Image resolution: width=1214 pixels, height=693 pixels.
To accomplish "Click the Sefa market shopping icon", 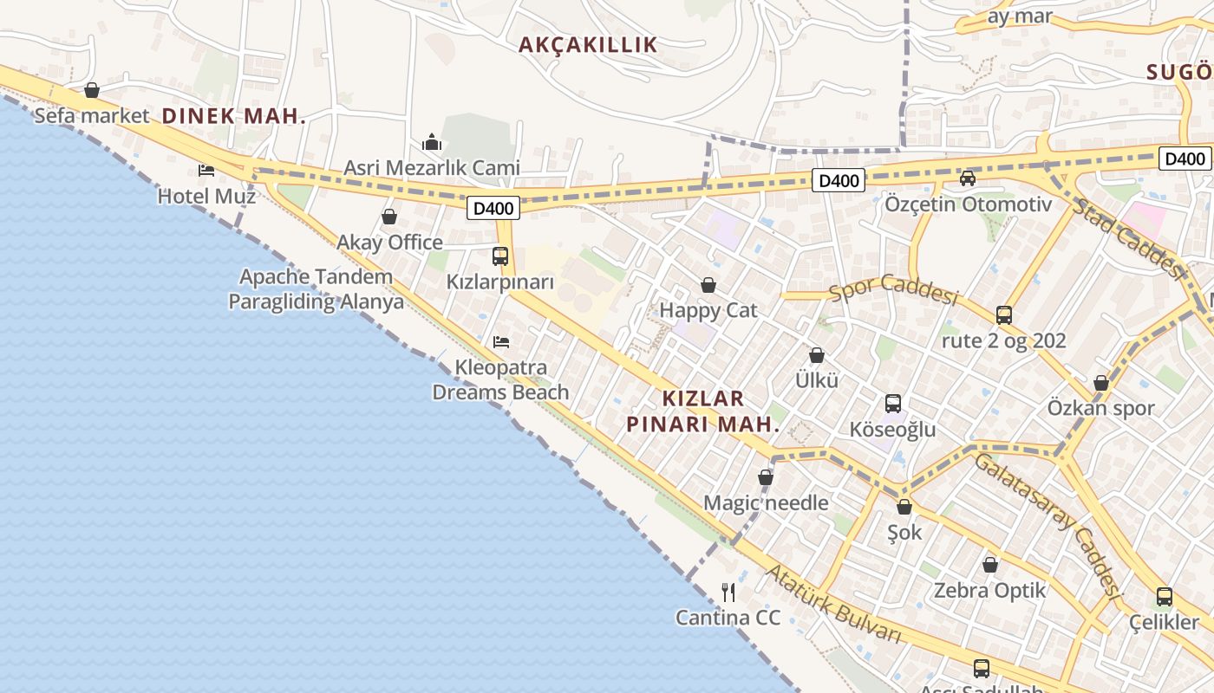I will click(92, 90).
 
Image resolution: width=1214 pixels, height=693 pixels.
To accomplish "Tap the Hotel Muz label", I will click(206, 197).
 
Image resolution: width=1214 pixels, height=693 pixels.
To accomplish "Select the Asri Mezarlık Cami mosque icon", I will click(432, 142).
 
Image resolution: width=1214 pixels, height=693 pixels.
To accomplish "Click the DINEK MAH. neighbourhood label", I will click(234, 116).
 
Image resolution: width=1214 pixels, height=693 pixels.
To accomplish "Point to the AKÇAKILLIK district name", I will click(588, 45).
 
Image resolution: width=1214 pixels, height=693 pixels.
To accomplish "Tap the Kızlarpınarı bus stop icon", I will click(500, 256).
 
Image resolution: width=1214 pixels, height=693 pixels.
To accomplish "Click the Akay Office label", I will click(389, 243).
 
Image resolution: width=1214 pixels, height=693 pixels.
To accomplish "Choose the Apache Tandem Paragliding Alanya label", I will click(317, 289).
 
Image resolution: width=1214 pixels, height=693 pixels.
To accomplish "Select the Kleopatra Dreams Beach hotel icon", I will click(501, 342).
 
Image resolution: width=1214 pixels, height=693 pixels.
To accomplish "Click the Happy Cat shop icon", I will click(708, 285).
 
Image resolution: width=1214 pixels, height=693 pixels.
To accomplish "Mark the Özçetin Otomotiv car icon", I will click(968, 178).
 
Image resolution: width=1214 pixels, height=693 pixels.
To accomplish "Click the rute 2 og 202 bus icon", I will click(1004, 314).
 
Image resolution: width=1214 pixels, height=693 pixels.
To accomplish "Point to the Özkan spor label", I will click(1100, 408).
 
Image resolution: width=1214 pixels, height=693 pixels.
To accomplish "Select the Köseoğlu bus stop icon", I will click(893, 404).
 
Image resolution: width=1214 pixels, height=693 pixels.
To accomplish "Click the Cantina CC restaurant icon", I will click(728, 593).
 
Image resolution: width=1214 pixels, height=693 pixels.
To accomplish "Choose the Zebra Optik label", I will click(989, 591).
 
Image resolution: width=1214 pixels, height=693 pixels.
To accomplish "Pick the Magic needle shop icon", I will click(766, 477).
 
